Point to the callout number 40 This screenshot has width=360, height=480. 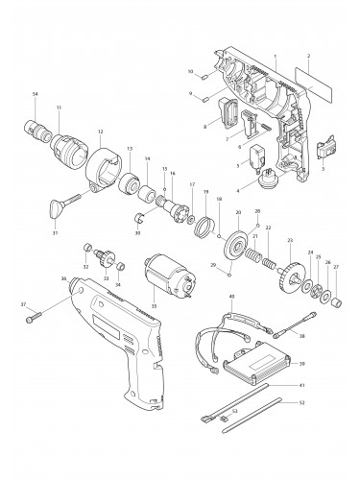tap(231, 298)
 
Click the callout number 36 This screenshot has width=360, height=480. tap(62, 279)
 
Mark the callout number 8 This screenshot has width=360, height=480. tap(204, 126)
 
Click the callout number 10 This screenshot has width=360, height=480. tap(191, 72)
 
